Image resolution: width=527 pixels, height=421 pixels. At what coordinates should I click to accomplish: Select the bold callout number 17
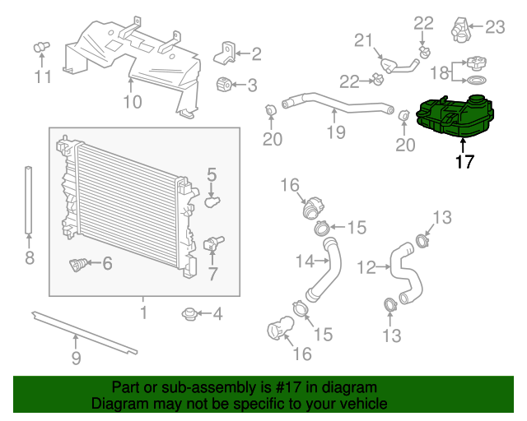point(464,161)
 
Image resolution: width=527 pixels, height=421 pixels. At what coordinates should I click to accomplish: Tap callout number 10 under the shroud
point(132,102)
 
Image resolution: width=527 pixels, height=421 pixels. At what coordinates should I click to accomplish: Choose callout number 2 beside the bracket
point(256,54)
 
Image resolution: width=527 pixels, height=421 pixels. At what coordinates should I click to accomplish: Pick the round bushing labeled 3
point(224,84)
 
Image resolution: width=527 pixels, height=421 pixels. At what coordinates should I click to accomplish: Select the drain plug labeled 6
point(80,266)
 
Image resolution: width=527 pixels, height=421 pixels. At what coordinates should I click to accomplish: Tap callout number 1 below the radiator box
point(143,312)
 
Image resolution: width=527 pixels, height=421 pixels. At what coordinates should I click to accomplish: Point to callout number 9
point(76,358)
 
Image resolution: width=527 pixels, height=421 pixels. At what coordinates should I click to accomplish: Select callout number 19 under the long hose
point(334,133)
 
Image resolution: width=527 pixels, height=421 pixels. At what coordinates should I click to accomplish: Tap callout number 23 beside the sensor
point(494,27)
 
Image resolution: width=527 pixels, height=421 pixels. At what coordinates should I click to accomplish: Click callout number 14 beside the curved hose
point(306,261)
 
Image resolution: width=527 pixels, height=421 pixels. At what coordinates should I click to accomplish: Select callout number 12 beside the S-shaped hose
point(366,266)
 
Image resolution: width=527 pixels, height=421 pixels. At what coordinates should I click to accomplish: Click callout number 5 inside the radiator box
point(212,174)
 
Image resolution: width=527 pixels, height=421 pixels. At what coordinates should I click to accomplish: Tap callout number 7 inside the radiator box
point(212,273)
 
